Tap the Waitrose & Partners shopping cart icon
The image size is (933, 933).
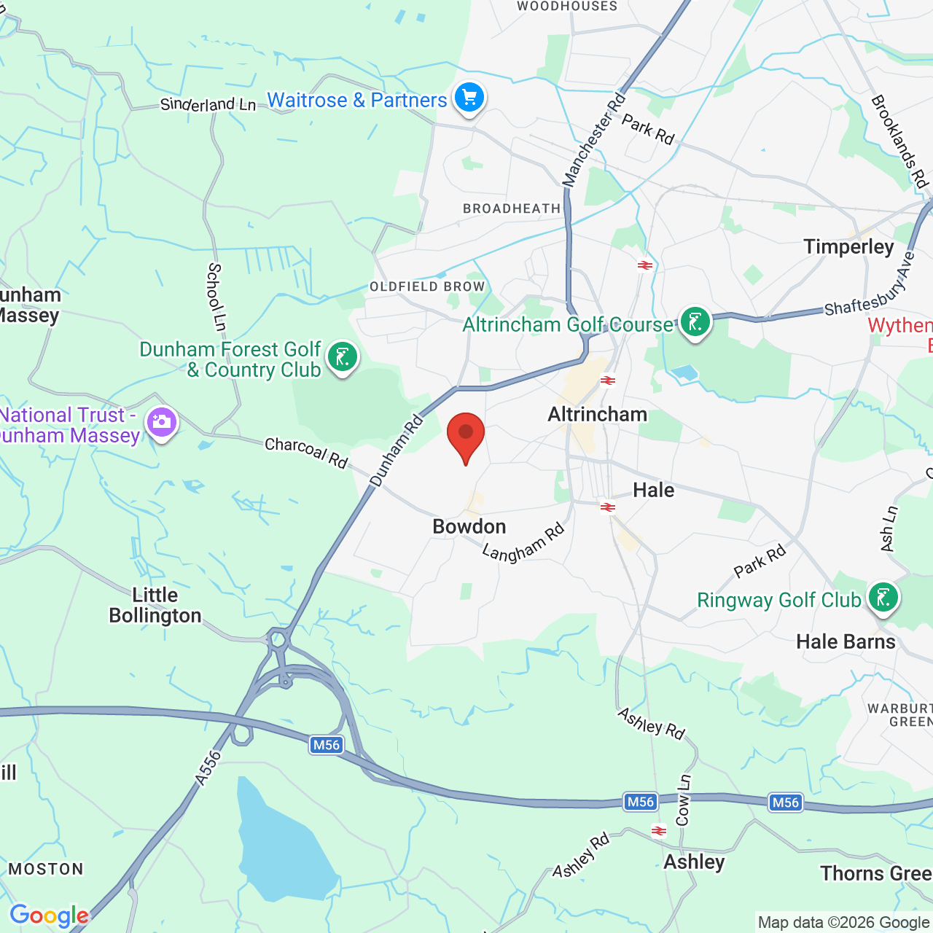click(x=469, y=98)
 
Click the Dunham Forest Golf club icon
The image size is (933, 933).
click(x=342, y=357)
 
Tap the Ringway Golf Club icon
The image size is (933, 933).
click(x=883, y=598)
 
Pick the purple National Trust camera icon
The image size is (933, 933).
click(x=161, y=422)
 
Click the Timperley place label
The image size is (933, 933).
click(x=848, y=247)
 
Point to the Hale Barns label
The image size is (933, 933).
click(x=846, y=641)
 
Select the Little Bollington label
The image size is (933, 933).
click(x=155, y=605)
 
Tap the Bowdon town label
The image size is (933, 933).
click(x=469, y=526)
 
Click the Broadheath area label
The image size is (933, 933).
click(x=512, y=208)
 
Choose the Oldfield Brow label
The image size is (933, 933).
click(x=427, y=286)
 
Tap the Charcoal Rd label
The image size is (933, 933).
click(x=306, y=452)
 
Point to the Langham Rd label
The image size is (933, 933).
click(x=523, y=543)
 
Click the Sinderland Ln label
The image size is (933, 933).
click(x=208, y=105)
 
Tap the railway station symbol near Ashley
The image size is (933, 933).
click(x=659, y=830)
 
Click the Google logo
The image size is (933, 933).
click(x=49, y=916)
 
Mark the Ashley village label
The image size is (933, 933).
click(x=694, y=862)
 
